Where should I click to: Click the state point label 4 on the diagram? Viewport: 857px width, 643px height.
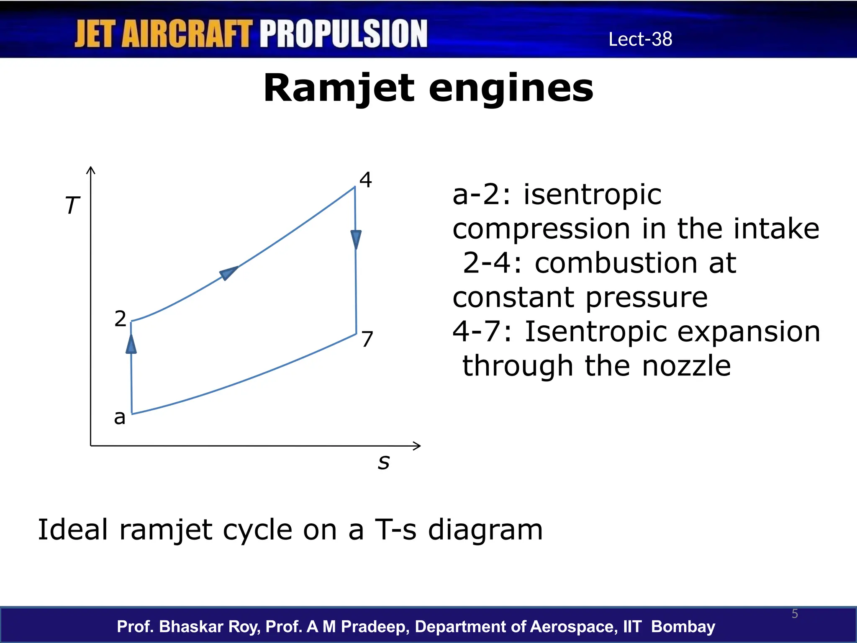365,180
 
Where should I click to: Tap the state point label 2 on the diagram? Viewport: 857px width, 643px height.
120,319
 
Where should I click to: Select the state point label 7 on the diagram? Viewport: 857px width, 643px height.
367,339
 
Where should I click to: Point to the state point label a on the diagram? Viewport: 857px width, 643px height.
120,417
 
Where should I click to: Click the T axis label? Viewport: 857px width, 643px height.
72,206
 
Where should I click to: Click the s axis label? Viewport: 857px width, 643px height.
383,462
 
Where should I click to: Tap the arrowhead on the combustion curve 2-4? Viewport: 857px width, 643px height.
228,273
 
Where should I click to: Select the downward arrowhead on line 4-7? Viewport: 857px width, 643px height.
356,239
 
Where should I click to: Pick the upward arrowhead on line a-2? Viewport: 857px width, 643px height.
131,344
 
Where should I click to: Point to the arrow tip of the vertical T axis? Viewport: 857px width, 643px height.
91,169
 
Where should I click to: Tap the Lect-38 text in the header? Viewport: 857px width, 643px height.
640,39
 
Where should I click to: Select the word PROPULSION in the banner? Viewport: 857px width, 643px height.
344,33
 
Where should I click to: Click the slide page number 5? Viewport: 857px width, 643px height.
795,614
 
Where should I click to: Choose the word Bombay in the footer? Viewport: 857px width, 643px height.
683,627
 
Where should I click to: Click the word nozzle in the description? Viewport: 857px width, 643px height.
686,366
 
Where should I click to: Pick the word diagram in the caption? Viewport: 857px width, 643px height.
485,530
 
